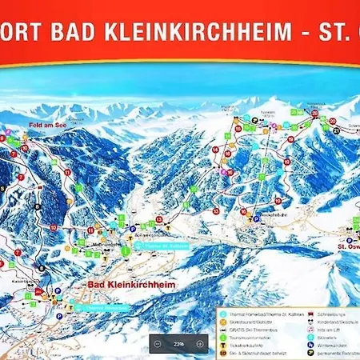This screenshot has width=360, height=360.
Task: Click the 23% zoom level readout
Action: point(178,343)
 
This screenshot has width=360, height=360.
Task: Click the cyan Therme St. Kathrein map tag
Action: point(163,246)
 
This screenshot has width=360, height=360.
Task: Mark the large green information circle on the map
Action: point(126,250)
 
